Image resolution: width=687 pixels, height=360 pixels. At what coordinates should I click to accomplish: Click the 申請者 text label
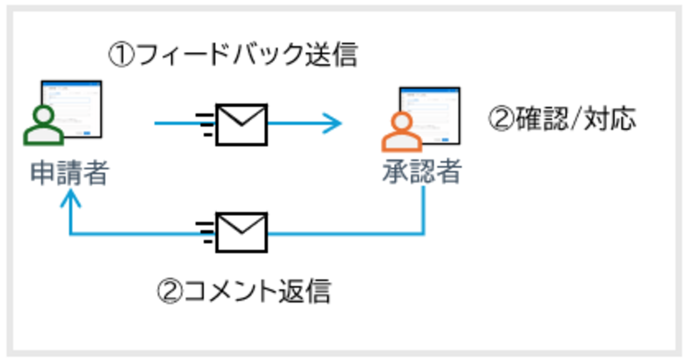point(69,173)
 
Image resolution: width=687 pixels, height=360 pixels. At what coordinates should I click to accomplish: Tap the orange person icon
point(402,132)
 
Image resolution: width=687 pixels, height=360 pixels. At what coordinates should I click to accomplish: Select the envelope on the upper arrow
point(242,124)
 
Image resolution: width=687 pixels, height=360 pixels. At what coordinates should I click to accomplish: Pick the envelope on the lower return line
point(242,233)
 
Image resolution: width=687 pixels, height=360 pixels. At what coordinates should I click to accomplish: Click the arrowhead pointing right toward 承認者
point(335,124)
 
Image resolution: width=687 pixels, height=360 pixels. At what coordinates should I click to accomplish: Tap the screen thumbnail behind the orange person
point(431,114)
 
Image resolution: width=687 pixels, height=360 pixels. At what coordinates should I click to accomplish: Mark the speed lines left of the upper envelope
point(205,124)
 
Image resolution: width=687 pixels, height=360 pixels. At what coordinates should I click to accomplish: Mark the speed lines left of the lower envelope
point(205,233)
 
